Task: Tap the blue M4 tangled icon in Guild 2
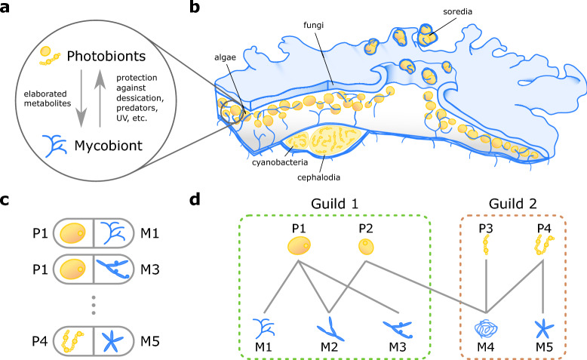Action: click(486, 329)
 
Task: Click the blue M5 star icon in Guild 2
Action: click(540, 329)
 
